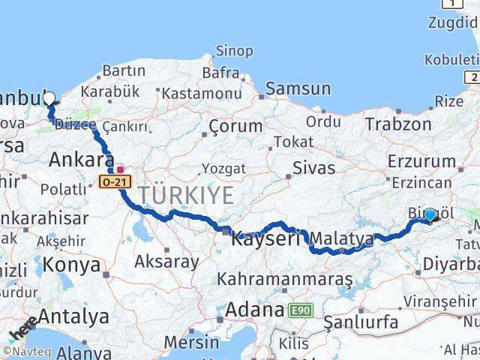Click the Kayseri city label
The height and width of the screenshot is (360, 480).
[x=265, y=239]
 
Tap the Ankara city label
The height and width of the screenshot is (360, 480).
[x=81, y=159]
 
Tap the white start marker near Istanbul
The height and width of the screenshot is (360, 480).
[x=49, y=97]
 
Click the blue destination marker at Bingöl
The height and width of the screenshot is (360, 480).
[x=430, y=214]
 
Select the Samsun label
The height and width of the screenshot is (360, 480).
[x=298, y=88]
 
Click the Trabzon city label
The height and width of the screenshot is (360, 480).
[x=399, y=124]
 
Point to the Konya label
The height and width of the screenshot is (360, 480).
[x=71, y=264]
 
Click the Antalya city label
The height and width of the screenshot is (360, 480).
[x=73, y=316]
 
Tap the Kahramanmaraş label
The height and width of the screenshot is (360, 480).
[x=285, y=279]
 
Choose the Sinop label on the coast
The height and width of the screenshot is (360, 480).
[x=234, y=51]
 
